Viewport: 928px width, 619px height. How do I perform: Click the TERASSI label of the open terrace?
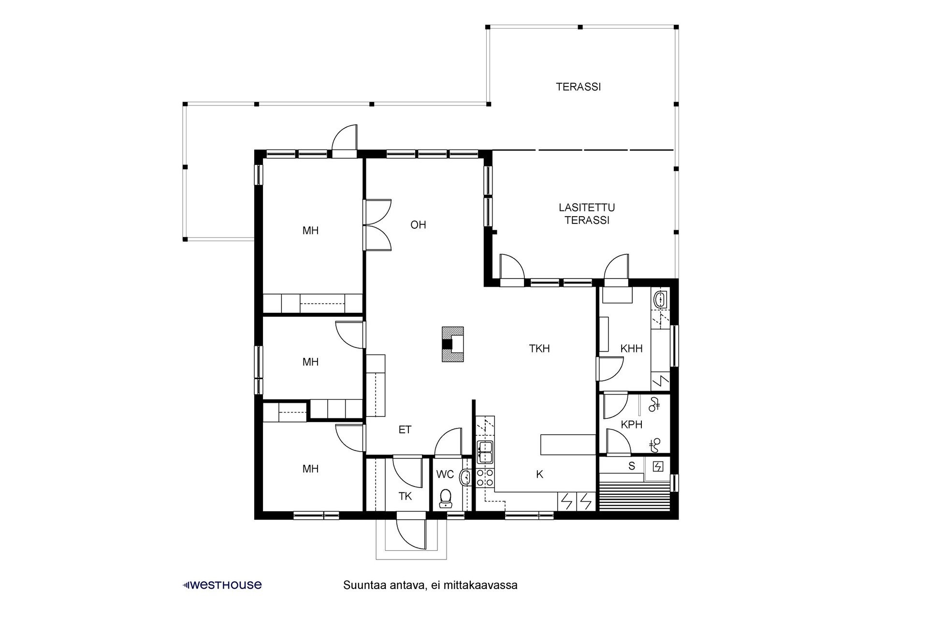click(578, 87)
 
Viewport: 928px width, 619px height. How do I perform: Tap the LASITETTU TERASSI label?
click(587, 214)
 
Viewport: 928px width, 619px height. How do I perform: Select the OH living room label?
click(418, 225)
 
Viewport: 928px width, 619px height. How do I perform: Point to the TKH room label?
click(539, 349)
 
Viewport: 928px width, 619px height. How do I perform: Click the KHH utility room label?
click(631, 349)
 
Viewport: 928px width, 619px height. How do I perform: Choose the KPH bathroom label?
click(631, 425)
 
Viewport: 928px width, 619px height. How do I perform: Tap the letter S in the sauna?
click(631, 467)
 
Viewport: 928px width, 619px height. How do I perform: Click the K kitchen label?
click(539, 474)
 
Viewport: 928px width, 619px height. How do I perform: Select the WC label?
click(445, 474)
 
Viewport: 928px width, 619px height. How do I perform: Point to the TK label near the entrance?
click(405, 496)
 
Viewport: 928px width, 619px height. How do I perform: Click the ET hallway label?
click(405, 429)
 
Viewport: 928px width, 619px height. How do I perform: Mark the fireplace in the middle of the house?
click(452, 344)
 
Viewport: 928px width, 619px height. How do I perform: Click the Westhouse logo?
click(223, 585)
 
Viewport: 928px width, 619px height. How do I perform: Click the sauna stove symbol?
click(658, 467)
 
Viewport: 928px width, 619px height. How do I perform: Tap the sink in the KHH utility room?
click(660, 300)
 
